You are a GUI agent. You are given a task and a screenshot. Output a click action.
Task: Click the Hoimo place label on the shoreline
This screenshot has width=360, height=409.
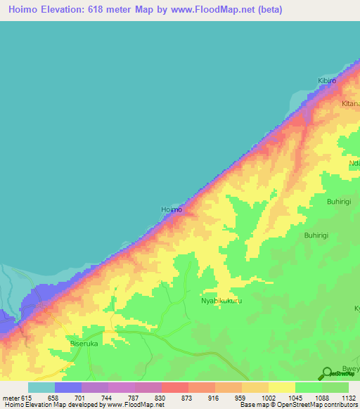[172, 209]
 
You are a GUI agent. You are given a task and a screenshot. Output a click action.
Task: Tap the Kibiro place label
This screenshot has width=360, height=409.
[328, 81]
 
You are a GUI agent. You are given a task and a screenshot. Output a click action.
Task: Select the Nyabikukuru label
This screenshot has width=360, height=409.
[221, 300]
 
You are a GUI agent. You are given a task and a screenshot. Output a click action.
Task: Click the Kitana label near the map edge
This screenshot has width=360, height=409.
[350, 104]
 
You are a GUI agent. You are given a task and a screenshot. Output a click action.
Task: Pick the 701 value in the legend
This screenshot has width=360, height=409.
[95, 398]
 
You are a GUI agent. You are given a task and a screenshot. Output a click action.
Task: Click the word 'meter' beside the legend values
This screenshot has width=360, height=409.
[11, 398]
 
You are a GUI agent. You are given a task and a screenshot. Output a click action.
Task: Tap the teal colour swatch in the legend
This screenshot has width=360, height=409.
[41, 387]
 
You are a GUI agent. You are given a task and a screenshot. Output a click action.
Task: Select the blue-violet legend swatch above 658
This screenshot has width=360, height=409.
[68, 387]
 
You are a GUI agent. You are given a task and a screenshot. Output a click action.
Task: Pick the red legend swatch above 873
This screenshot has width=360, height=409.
[175, 387]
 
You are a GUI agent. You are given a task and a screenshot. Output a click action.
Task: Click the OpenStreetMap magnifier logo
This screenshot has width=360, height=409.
[327, 374]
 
